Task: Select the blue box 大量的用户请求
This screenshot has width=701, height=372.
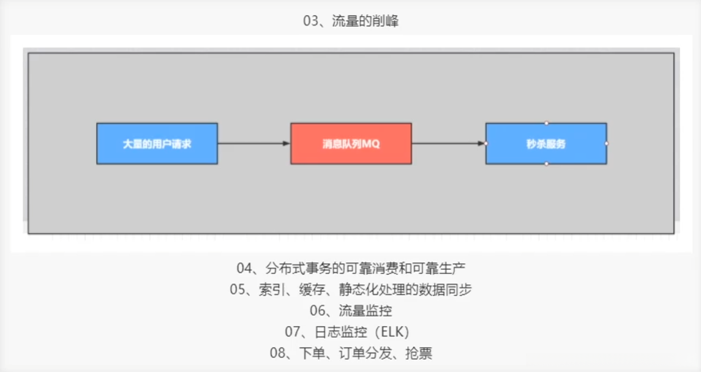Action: pyautogui.click(x=157, y=144)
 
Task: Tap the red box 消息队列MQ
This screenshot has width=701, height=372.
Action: pyautogui.click(x=351, y=144)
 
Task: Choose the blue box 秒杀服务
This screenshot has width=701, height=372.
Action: pyautogui.click(x=546, y=144)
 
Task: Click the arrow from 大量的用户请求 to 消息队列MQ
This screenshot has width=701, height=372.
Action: pyautogui.click(x=253, y=144)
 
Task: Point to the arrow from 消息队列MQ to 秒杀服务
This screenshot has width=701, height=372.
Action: pyautogui.click(x=448, y=144)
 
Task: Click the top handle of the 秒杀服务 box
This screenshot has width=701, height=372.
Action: pyautogui.click(x=546, y=123)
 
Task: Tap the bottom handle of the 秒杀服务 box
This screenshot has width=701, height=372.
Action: pyautogui.click(x=546, y=164)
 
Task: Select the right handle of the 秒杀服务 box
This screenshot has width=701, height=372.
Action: pyautogui.click(x=607, y=144)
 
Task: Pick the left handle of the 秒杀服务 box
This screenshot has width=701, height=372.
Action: pyautogui.click(x=485, y=144)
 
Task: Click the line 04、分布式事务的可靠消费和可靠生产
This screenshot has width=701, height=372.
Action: pyautogui.click(x=351, y=269)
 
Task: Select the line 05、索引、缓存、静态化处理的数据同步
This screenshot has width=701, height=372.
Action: pyautogui.click(x=351, y=290)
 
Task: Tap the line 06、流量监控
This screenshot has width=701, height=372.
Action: pyautogui.click(x=351, y=311)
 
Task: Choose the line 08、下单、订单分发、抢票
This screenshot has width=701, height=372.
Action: pyautogui.click(x=351, y=352)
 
